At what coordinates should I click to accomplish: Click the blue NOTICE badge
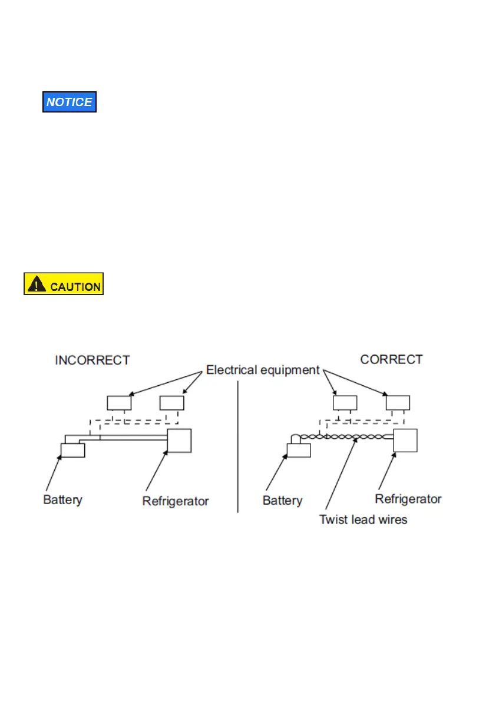pos(70,102)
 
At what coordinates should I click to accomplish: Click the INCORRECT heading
pos(92,360)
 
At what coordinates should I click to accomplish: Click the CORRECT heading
pos(391,359)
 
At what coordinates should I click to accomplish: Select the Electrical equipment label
pos(263,370)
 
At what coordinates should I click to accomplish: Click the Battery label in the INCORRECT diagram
pos(63,500)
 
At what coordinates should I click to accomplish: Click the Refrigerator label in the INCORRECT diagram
pos(176,501)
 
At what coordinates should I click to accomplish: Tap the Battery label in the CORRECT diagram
pos(282,501)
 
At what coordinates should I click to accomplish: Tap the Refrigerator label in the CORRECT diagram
pos(408,499)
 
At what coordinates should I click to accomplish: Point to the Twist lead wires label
pos(363,519)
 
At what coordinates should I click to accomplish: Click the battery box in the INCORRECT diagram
pos(73,451)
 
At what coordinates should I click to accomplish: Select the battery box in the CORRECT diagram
pos(299,451)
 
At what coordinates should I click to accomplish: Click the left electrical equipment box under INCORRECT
pos(119,403)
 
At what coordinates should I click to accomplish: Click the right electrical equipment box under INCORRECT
pos(172,403)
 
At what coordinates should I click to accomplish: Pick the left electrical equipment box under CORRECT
pos(345,403)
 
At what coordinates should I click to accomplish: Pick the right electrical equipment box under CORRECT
pos(398,403)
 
